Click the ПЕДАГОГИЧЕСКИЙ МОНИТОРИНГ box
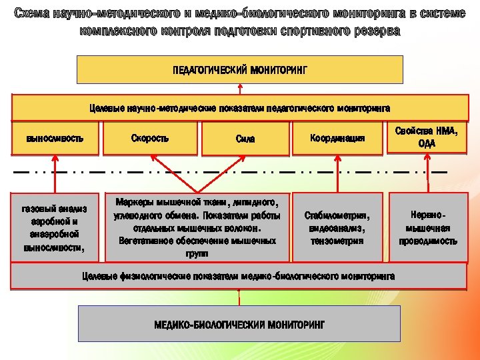pos(240,69)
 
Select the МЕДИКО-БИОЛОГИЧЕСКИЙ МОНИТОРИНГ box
pos(239,324)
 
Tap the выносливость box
pos(55,138)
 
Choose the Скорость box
pos(150,138)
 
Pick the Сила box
pos(245,139)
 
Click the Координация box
pos(337,138)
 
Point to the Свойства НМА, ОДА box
pos(427,137)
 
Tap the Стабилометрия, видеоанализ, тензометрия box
pos(336,227)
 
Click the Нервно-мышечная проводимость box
pos(428,227)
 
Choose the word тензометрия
pos(337,240)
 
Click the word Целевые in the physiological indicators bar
pos(99,276)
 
